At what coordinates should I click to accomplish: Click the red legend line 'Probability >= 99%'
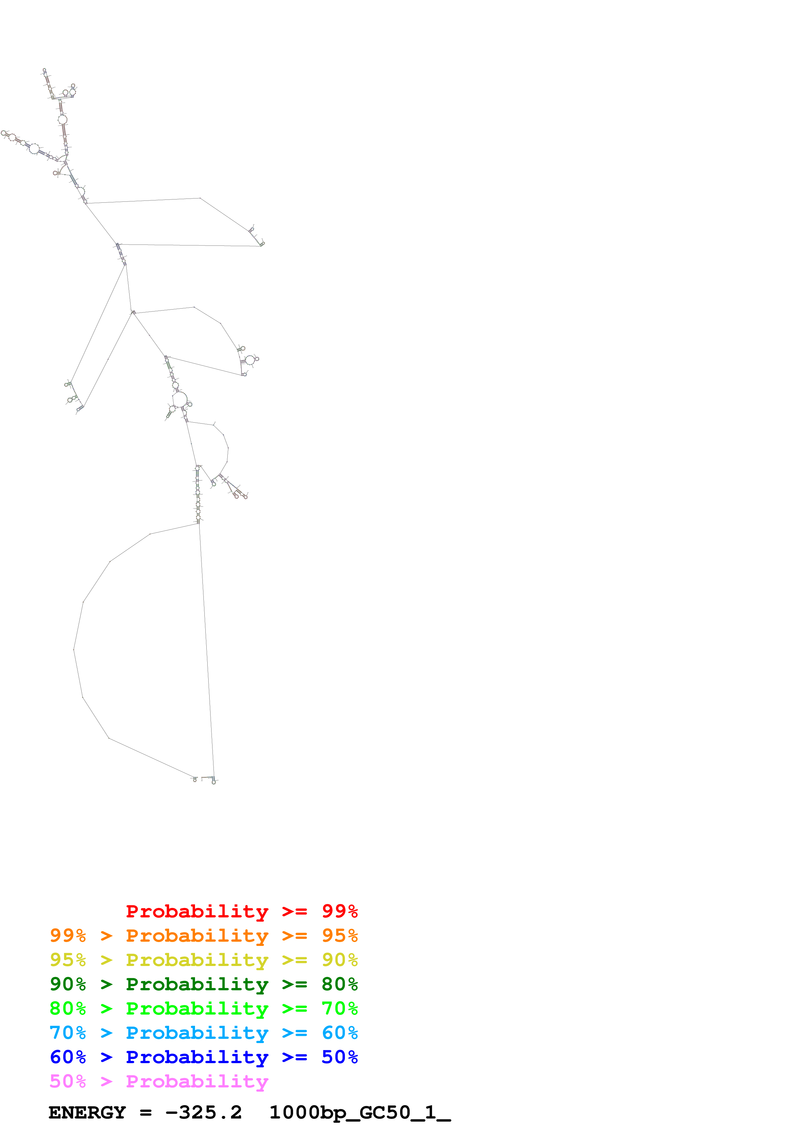pos(241,911)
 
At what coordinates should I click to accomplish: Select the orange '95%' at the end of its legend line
pos(339,936)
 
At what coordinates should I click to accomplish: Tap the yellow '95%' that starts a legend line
pos(68,960)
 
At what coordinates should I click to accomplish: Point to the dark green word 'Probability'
pos(197,984)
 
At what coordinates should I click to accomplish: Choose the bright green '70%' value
pos(339,1008)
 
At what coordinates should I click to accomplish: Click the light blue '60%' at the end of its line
pos(339,1033)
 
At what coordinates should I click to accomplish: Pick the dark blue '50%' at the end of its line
pos(339,1057)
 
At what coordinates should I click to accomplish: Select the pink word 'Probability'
pos(197,1081)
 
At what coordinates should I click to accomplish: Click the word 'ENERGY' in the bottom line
pos(87,1112)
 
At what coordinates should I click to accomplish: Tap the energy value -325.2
pos(203,1112)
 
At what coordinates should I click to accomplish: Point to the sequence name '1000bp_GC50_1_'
pos(360,1112)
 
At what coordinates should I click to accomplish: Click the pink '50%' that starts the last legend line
pos(68,1081)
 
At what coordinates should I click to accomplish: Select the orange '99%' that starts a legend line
pos(68,936)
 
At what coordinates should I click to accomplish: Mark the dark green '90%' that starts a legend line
pos(68,984)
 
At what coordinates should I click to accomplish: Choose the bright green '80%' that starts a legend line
pos(68,1008)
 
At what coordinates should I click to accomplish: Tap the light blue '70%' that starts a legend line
pos(68,1033)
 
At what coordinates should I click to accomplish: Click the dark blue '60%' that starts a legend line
pos(68,1057)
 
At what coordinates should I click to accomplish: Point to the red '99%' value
pos(339,911)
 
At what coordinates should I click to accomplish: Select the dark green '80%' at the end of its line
pos(339,984)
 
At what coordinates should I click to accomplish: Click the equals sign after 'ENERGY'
pos(145,1113)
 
